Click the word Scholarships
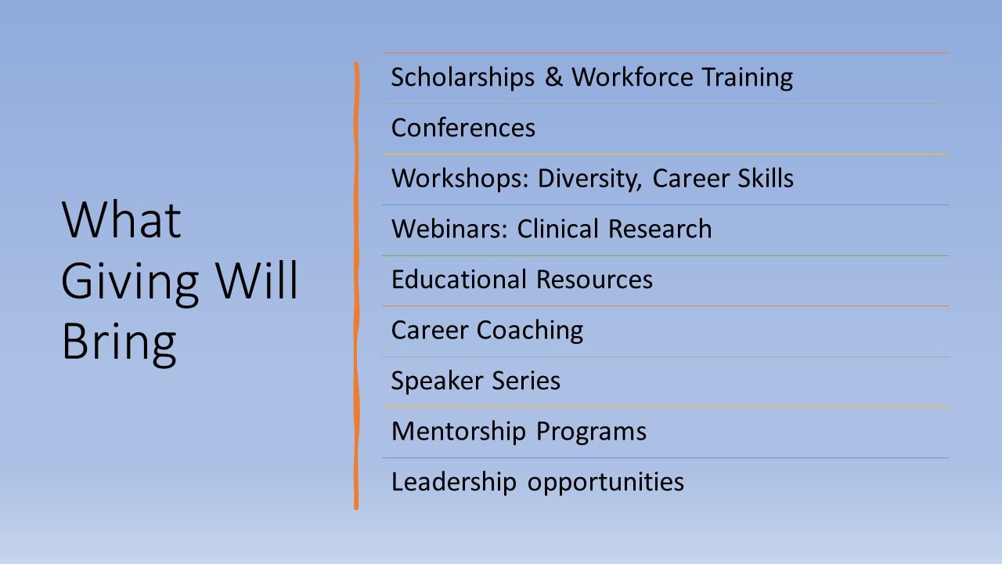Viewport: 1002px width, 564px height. tap(463, 78)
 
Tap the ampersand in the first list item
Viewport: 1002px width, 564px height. tap(553, 77)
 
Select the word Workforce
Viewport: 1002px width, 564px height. tap(633, 77)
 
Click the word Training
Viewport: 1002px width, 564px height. tap(747, 78)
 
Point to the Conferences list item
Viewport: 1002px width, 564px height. tap(463, 128)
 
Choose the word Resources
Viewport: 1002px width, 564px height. tap(594, 280)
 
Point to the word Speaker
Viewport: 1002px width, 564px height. tap(438, 381)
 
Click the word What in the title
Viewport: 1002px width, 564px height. tap(121, 220)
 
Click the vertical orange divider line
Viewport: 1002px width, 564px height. tap(356, 286)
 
